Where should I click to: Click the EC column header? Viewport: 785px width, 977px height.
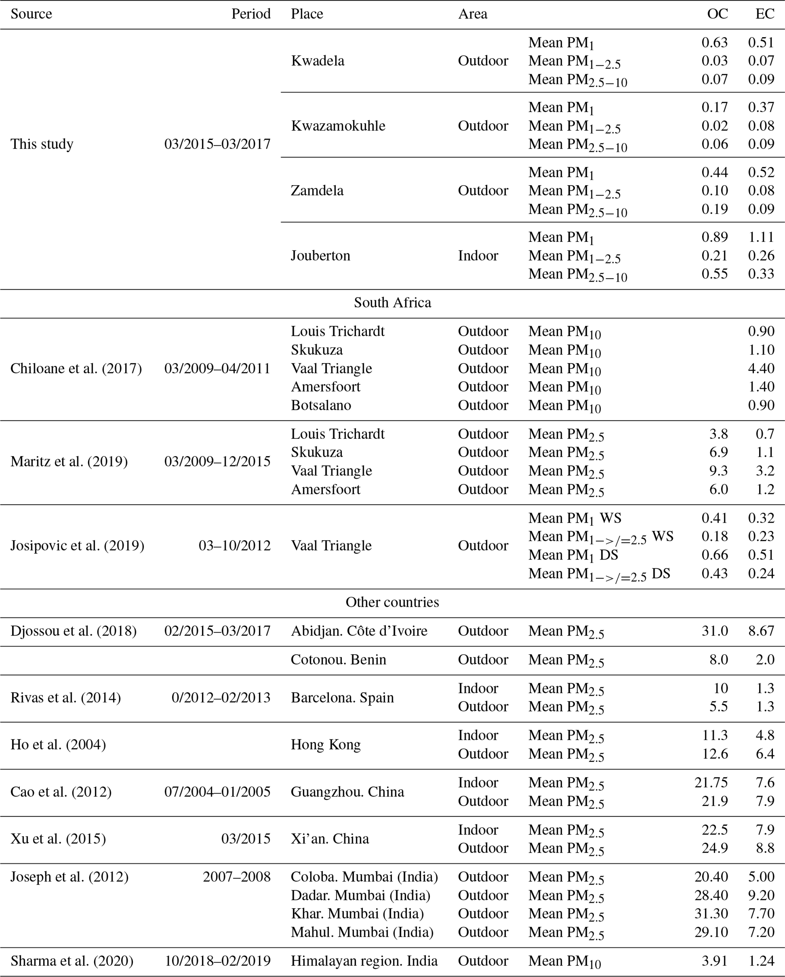pos(764,14)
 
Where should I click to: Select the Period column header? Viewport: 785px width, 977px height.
pos(251,14)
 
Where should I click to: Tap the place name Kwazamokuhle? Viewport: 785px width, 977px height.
pos(338,125)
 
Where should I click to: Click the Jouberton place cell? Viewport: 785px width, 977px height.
pos(320,255)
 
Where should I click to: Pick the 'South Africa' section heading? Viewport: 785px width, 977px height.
pos(392,303)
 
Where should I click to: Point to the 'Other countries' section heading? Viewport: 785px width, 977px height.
pos(392,602)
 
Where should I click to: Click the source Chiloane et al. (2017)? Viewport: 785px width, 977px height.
pos(76,368)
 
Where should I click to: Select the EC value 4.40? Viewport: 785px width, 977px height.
pos(761,368)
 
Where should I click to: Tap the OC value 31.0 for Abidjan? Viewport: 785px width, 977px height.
pos(714,631)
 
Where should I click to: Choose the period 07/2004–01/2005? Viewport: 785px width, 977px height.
pos(217,791)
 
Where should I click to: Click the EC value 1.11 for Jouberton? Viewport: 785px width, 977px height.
pos(761,237)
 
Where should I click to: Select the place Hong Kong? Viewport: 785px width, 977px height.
pos(325,744)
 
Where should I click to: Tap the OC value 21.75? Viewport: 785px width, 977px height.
pos(711,783)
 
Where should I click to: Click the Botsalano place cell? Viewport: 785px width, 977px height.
pos(321,405)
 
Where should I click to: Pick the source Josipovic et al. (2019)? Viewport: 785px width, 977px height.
pos(77,546)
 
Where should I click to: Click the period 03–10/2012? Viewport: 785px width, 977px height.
pos(234,546)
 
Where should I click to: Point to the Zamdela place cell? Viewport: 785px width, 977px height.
pos(317,190)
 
